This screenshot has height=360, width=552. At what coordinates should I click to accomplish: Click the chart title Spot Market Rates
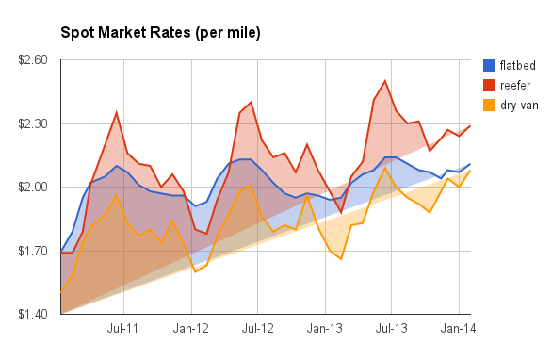(x=160, y=33)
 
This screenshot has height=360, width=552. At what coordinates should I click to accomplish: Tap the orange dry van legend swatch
(x=489, y=105)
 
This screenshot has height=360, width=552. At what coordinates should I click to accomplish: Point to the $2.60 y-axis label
(x=31, y=60)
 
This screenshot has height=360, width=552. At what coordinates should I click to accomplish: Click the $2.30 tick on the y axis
(x=31, y=123)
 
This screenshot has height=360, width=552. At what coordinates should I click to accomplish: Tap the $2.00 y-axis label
(x=31, y=187)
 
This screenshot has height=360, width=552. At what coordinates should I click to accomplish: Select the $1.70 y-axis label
(x=31, y=251)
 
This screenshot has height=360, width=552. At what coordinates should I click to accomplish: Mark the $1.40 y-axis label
(x=31, y=314)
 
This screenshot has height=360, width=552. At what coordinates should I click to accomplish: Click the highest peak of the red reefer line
(x=385, y=81)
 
